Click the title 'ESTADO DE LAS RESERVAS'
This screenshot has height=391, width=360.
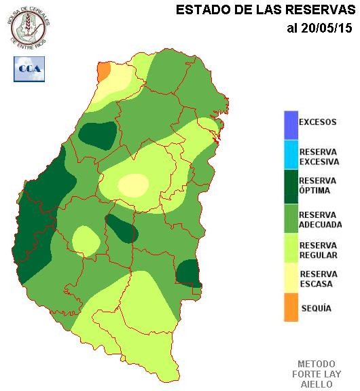point(266,10)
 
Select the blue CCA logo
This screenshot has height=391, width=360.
point(29,69)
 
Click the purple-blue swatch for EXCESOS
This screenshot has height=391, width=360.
point(291,124)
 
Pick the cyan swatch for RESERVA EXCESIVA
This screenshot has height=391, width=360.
point(291,155)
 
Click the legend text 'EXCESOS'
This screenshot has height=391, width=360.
point(318,123)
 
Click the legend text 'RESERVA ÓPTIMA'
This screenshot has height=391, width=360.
point(317,185)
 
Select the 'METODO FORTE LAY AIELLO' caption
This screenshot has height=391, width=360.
point(317,374)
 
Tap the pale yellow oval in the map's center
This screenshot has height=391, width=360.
point(133,184)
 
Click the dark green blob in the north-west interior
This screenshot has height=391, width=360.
point(97,134)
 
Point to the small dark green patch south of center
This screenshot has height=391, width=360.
point(123,229)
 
